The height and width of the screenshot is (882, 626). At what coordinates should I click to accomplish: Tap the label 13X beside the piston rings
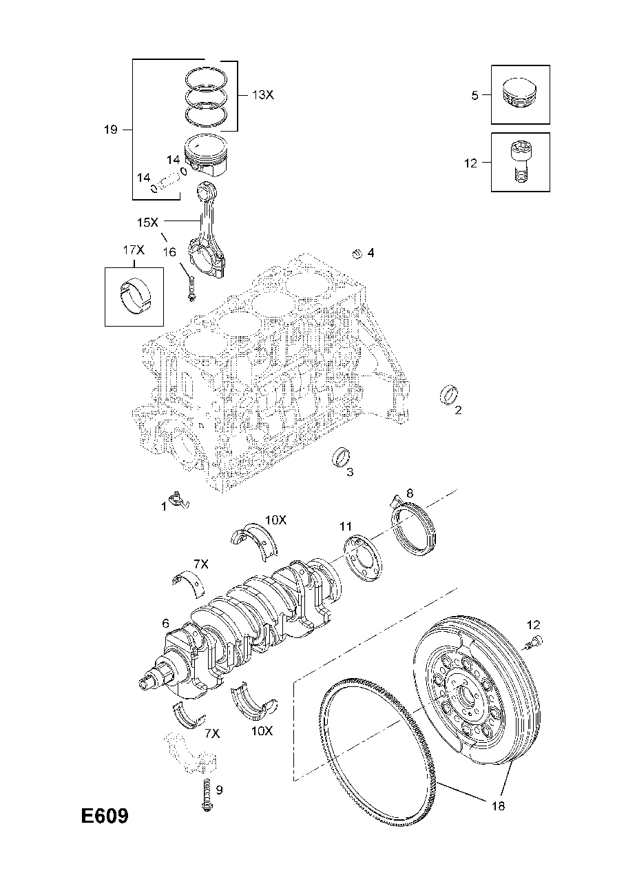pos(262,95)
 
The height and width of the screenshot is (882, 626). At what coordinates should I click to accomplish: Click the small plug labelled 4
pos(357,254)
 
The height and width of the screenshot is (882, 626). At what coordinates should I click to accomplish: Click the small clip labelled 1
pos(180,501)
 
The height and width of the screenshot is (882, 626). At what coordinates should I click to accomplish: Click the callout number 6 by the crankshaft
pos(165,623)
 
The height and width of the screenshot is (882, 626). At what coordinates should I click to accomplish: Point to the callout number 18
pos(498,806)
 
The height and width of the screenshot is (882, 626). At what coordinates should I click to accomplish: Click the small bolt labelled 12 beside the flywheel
pos(534,643)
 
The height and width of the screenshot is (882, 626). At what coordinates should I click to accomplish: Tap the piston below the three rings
pos(205,155)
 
